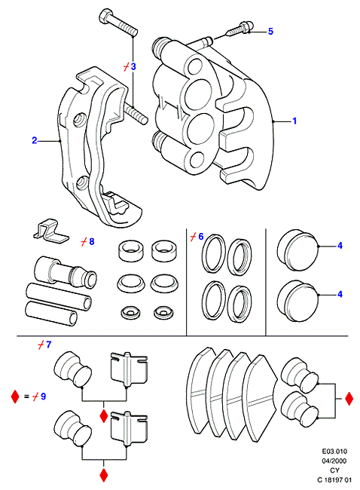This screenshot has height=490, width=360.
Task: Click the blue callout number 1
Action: click(x=294, y=121)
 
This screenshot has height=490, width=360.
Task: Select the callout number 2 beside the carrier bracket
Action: click(x=35, y=140)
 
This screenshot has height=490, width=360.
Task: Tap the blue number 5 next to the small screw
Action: click(x=270, y=31)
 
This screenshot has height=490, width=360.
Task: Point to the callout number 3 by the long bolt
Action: click(x=133, y=66)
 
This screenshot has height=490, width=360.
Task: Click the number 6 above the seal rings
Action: click(x=201, y=237)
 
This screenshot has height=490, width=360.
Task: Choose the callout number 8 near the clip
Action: click(x=91, y=241)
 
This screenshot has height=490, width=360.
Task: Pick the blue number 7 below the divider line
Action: click(x=48, y=345)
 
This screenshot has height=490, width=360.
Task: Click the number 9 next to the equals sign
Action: click(x=43, y=397)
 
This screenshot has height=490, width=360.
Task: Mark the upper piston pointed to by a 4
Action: click(x=297, y=250)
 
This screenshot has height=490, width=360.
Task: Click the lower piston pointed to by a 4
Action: click(x=297, y=301)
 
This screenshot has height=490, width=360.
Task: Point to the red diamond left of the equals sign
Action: click(x=15, y=397)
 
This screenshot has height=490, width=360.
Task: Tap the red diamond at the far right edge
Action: click(x=349, y=399)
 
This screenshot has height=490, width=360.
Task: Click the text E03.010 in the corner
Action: click(x=334, y=452)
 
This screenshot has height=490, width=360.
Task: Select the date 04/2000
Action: click(x=334, y=461)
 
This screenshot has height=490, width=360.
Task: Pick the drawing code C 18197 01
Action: click(x=334, y=479)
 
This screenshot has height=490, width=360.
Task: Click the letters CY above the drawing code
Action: click(x=334, y=470)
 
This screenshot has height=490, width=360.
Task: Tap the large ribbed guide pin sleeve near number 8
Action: click(x=65, y=271)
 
